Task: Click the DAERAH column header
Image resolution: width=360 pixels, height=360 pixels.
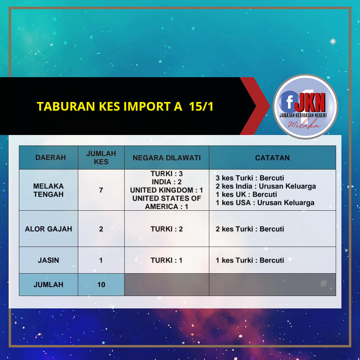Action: coord(51,157)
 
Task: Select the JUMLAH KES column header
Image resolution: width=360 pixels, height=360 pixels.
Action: coord(101,157)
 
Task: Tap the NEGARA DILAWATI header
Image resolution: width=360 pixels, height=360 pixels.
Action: coord(166,158)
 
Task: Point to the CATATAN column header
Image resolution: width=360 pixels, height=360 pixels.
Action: coord(272,158)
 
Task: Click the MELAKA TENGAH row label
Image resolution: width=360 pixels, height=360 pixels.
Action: coord(48,190)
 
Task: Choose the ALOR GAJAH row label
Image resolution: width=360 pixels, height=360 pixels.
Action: coord(48,229)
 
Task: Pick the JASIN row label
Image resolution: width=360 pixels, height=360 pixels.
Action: coord(48,260)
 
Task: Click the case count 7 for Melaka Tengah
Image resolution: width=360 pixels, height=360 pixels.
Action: coord(101,190)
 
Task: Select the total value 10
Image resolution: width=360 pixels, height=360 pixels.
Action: coord(101,285)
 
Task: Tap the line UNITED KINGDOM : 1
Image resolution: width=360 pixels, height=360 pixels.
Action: coord(166,190)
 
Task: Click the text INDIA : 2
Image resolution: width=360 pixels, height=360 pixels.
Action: coord(166,182)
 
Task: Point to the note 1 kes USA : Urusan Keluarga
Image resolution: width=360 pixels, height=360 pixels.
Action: coord(265,203)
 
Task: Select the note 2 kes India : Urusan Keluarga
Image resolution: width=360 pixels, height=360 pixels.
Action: coord(265,186)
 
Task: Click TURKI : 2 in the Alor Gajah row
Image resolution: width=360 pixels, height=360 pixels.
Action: coord(166,229)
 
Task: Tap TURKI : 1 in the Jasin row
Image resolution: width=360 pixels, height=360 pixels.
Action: coord(166,260)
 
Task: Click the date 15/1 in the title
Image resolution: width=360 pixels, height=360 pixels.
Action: coord(201,106)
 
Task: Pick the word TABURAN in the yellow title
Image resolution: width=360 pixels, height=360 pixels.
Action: coord(66,106)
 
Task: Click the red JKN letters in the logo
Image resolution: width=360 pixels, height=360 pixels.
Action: coord(310,102)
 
